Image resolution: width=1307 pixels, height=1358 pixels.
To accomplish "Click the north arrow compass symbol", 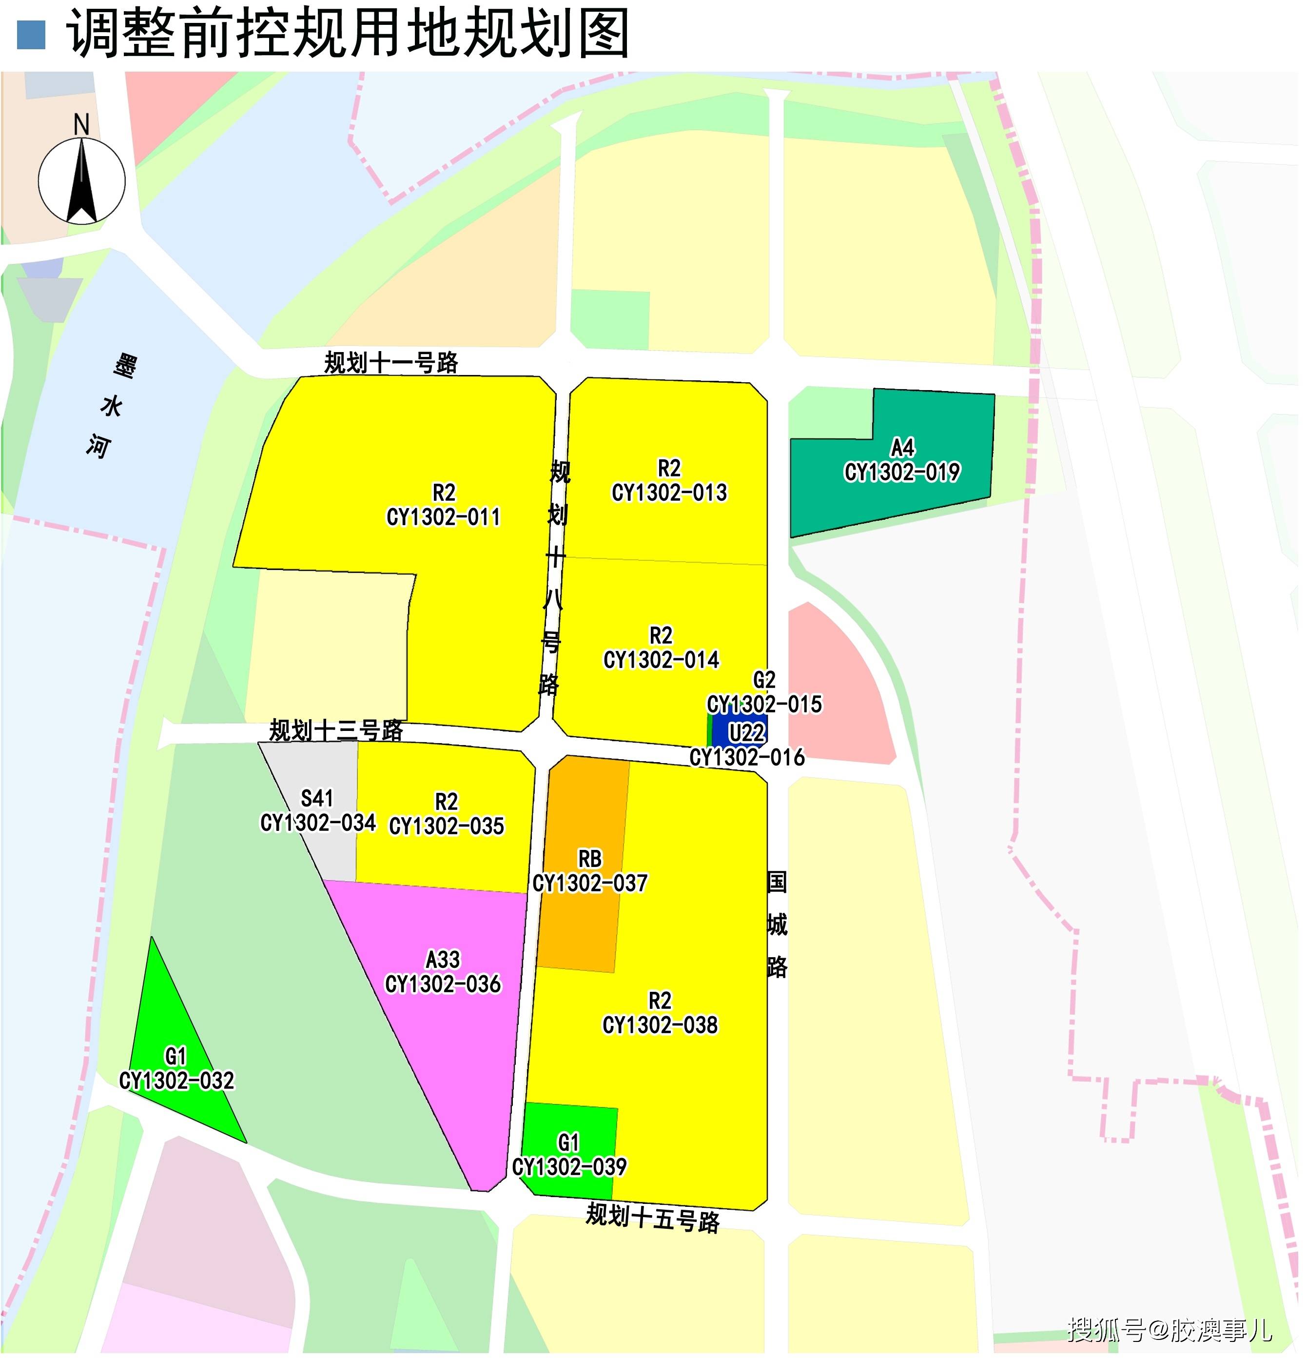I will pyautogui.click(x=82, y=179).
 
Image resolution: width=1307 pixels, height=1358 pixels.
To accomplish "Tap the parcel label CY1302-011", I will pyautogui.click(x=443, y=517).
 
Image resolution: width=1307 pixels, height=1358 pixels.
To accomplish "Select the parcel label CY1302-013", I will pyautogui.click(x=669, y=492).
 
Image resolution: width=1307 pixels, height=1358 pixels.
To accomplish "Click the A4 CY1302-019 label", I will pyautogui.click(x=902, y=461).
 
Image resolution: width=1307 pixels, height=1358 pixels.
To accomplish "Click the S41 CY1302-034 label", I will pyautogui.click(x=318, y=811).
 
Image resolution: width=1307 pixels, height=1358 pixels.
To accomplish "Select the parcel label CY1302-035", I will pyautogui.click(x=447, y=826).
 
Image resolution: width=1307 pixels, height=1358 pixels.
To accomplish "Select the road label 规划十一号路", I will pyautogui.click(x=391, y=362).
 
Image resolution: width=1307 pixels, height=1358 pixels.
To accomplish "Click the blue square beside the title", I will pyautogui.click(x=31, y=35).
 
